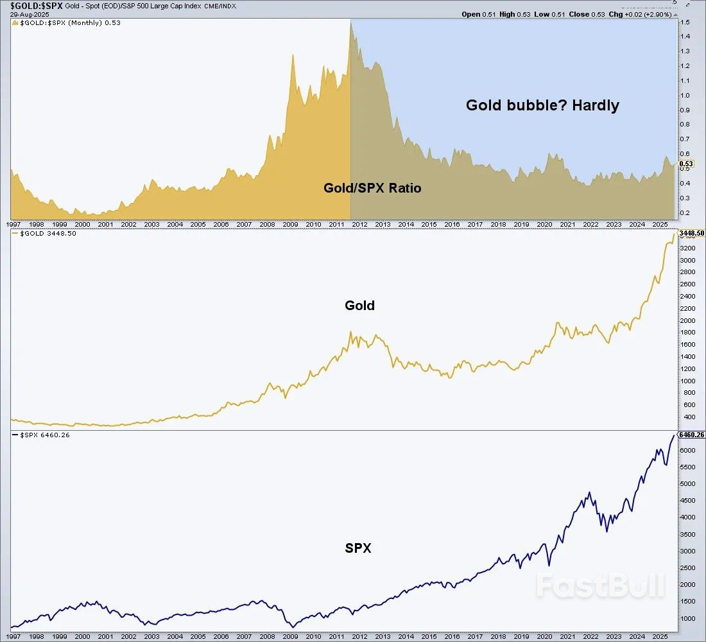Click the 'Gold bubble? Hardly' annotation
pyautogui.click(x=542, y=105)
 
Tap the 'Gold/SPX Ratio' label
pyautogui.click(x=372, y=189)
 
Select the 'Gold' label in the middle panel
pyautogui.click(x=359, y=306)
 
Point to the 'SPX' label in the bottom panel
pyautogui.click(x=357, y=548)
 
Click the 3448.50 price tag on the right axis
pyautogui.click(x=692, y=233)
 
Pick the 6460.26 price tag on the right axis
pyautogui.click(x=692, y=435)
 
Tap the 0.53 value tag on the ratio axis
pyautogui.click(x=686, y=164)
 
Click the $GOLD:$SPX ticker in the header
pyautogui.click(x=32, y=5)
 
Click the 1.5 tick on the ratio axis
pyautogui.click(x=685, y=22)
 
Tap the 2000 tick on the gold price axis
pyautogui.click(x=688, y=320)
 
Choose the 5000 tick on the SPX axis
pyautogui.click(x=688, y=483)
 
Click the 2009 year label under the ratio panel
pyautogui.click(x=290, y=225)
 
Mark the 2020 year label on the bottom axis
pyautogui.click(x=544, y=636)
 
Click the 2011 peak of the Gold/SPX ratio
pyautogui.click(x=350, y=23)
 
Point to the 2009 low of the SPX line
pyautogui.click(x=293, y=627)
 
